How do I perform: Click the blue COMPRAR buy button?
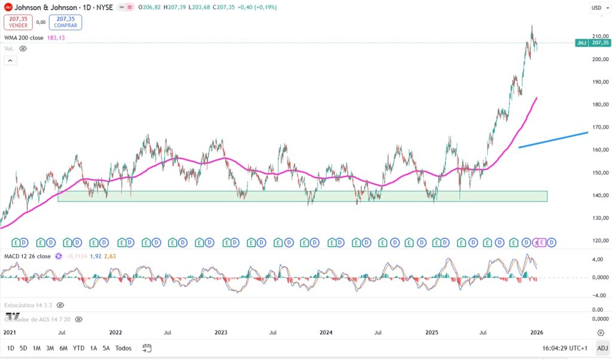(x=65, y=22)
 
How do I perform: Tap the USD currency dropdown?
(x=598, y=8)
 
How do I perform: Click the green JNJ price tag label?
(x=592, y=43)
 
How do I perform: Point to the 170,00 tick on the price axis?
(x=599, y=127)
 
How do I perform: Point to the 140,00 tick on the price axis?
(x=599, y=196)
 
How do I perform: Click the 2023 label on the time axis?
(x=221, y=332)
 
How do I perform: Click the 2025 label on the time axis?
(x=432, y=332)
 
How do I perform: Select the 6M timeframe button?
(x=63, y=348)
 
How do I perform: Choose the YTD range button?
(x=78, y=348)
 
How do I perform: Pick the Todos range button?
(x=123, y=348)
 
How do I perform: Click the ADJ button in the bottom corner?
(x=602, y=348)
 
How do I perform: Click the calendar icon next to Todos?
(x=147, y=348)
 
